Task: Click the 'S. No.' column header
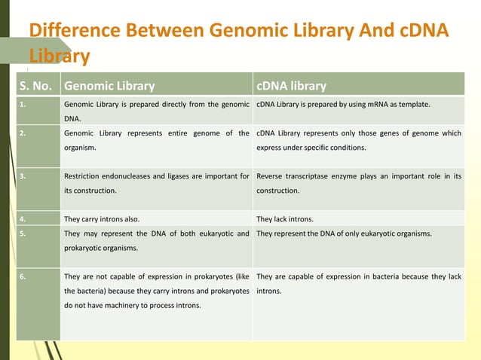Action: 37,86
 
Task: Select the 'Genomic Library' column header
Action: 109,86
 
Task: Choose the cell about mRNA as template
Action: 343,104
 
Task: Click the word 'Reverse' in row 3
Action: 272,177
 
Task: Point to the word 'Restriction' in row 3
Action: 85,177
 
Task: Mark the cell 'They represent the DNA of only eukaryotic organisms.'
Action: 344,233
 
